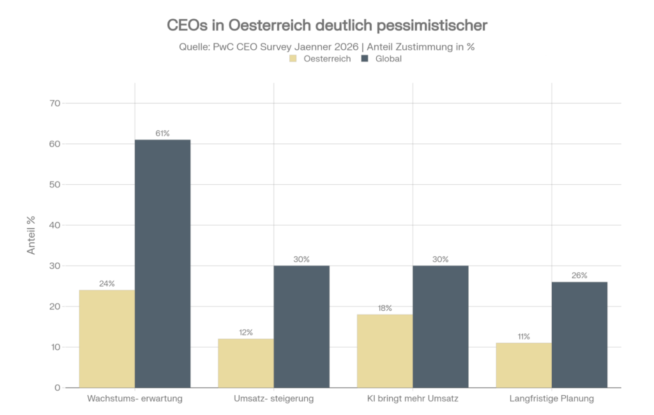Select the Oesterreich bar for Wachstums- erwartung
click(x=107, y=339)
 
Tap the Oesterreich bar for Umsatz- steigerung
click(x=246, y=363)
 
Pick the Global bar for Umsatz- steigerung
click(x=301, y=326)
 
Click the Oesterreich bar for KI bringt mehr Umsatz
click(x=384, y=351)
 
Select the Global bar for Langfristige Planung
click(x=579, y=334)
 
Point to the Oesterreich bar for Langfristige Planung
click(x=524, y=365)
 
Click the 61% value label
click(x=162, y=134)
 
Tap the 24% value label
click(x=107, y=283)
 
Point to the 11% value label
click(x=524, y=336)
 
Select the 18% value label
click(x=384, y=308)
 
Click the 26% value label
click(x=579, y=276)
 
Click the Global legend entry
click(x=381, y=59)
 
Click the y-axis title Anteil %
click(x=31, y=235)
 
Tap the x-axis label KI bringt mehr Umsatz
click(x=413, y=399)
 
